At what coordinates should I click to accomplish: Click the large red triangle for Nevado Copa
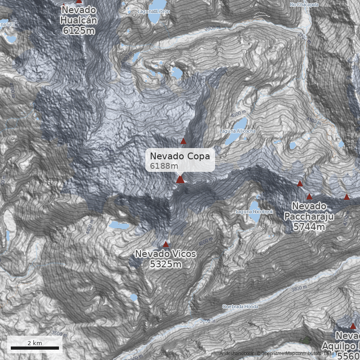(x=180, y=180)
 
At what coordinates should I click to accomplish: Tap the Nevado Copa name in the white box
(x=180, y=156)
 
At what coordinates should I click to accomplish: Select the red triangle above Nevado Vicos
(x=166, y=244)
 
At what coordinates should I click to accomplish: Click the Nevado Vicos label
(x=166, y=254)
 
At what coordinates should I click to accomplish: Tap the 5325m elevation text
(x=166, y=264)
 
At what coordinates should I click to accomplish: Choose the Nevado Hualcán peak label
(x=79, y=15)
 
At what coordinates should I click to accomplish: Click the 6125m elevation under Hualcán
(x=79, y=31)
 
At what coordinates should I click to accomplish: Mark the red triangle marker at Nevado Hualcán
(x=79, y=1)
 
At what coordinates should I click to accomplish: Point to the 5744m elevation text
(x=309, y=227)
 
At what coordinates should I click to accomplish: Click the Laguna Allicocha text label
(x=238, y=131)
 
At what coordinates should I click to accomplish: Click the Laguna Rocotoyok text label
(x=255, y=211)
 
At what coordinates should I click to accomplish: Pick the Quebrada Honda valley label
(x=240, y=306)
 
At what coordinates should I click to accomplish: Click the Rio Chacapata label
(x=304, y=4)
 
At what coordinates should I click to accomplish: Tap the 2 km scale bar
(x=35, y=347)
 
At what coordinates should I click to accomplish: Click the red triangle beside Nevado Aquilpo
(x=353, y=326)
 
